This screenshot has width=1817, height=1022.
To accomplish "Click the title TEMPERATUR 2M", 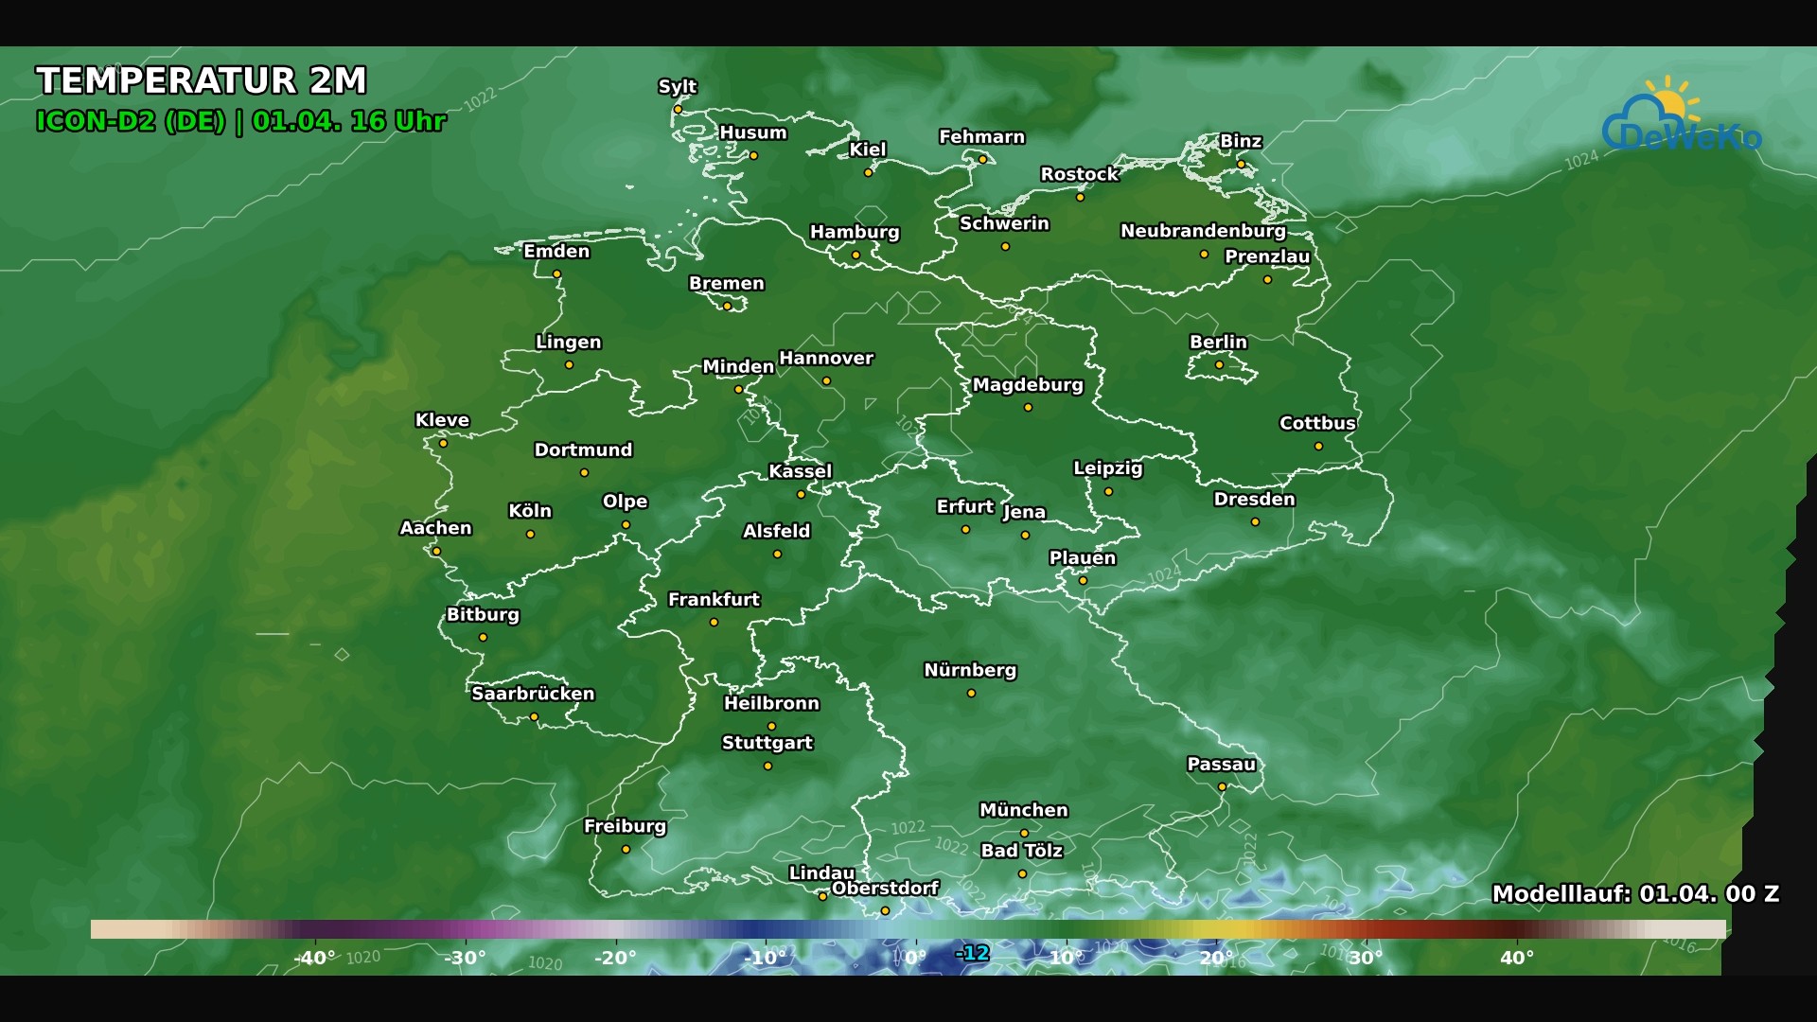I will pyautogui.click(x=201, y=81).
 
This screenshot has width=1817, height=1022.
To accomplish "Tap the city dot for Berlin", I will pyautogui.click(x=1219, y=365).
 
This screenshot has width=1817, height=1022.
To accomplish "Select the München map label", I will pyautogui.click(x=1023, y=810).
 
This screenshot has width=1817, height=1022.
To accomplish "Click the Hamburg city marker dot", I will pyautogui.click(x=856, y=255).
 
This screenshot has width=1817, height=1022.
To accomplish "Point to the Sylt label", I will pyautogui.click(x=677, y=87).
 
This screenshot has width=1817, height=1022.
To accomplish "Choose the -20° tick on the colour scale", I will pyautogui.click(x=615, y=958).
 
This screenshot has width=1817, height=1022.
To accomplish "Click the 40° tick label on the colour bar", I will pyautogui.click(x=1516, y=958).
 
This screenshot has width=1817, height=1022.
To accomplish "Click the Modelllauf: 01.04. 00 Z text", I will pyautogui.click(x=1634, y=894).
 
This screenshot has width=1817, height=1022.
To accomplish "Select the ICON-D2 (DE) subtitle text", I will pyautogui.click(x=131, y=122).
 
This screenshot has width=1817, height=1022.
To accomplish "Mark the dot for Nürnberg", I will pyautogui.click(x=971, y=694).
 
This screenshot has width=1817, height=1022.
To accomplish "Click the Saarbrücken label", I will pyautogui.click(x=533, y=694).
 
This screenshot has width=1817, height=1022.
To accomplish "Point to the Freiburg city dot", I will pyautogui.click(x=626, y=850).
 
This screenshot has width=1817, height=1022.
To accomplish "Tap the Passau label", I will pyautogui.click(x=1221, y=765).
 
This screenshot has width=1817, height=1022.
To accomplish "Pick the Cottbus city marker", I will pyautogui.click(x=1318, y=447).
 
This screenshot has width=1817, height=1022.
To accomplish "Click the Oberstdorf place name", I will pyautogui.click(x=885, y=889).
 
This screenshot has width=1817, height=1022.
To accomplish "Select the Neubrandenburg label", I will pyautogui.click(x=1203, y=231).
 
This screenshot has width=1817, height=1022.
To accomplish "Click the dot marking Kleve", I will pyautogui.click(x=443, y=444).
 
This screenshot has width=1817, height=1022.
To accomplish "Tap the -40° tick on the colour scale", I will pyautogui.click(x=314, y=958).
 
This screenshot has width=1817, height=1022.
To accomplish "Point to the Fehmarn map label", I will pyautogui.click(x=981, y=137).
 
